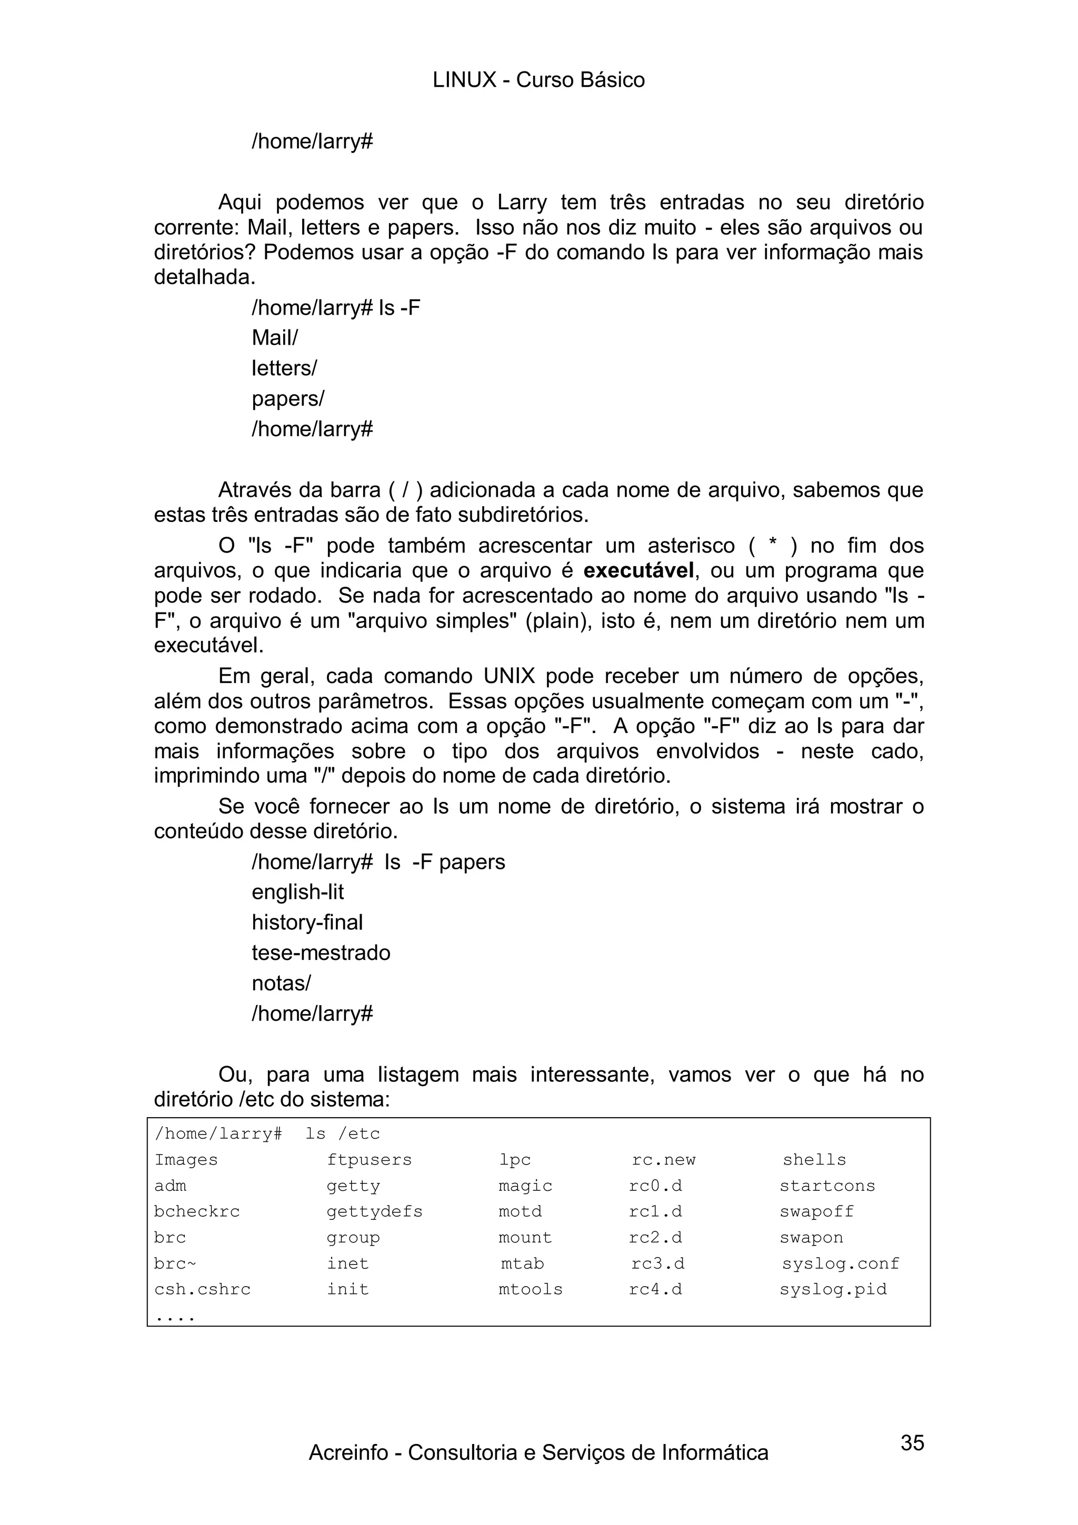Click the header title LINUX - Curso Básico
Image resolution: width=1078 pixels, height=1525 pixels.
click(538, 81)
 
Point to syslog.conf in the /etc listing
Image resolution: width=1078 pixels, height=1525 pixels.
click(840, 1263)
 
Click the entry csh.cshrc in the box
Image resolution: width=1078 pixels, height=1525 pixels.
click(203, 1289)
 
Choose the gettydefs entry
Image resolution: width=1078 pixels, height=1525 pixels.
click(374, 1211)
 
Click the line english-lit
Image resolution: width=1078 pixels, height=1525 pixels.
click(297, 892)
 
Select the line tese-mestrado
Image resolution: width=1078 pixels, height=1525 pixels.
click(321, 952)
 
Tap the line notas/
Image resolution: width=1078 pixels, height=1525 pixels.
click(281, 983)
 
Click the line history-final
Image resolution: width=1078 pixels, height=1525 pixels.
click(307, 922)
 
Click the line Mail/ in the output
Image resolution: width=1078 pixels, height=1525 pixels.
click(275, 338)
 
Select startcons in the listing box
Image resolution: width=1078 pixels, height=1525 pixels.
click(827, 1186)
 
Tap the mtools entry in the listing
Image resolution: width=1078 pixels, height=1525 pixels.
click(530, 1289)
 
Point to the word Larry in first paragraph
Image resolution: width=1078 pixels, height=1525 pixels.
click(522, 203)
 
